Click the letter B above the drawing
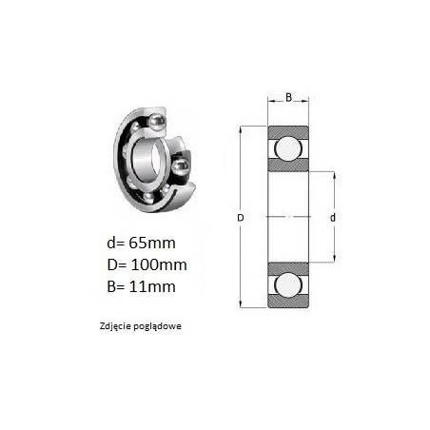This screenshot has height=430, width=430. click(288, 97)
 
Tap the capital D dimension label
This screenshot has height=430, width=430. click(241, 218)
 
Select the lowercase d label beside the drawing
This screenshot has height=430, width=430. click(333, 218)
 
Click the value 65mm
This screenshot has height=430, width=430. click(152, 244)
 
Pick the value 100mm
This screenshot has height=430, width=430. click(159, 264)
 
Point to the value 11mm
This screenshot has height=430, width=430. click(152, 286)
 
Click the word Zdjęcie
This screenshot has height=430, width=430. click(114, 326)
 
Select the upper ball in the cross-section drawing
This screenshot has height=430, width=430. click(288, 148)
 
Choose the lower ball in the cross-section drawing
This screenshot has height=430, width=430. click(288, 284)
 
